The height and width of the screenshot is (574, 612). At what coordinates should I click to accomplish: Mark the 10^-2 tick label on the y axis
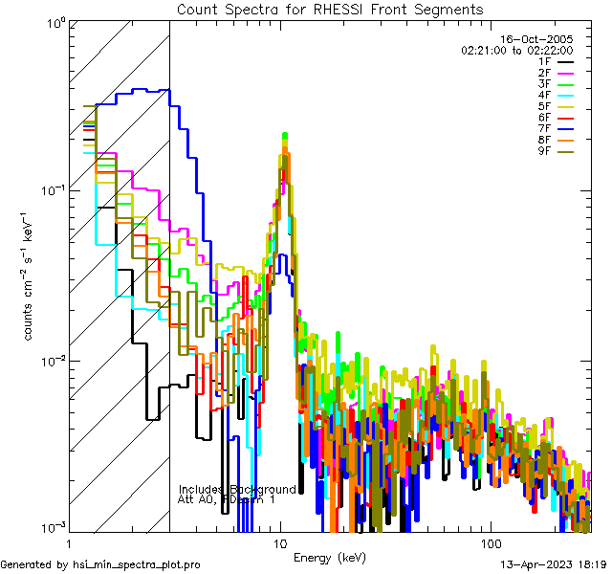(x=45, y=361)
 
